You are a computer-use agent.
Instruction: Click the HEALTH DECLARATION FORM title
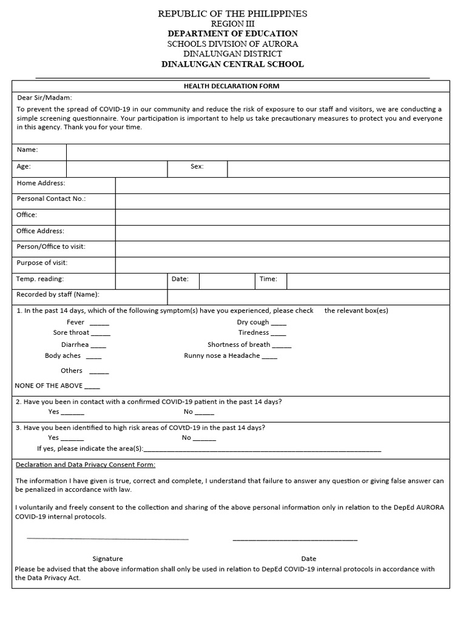(231, 86)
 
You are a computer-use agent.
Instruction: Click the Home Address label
(41, 183)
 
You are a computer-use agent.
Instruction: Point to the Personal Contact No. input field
(282, 201)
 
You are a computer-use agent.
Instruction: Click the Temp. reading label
(40, 279)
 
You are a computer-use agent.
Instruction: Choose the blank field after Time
(368, 280)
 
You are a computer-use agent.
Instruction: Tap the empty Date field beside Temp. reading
(226, 280)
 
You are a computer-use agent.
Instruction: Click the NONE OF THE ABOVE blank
(92, 387)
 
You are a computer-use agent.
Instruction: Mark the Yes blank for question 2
(73, 413)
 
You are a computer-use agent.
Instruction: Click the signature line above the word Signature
(107, 538)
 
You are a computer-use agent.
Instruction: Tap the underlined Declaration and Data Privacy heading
(85, 465)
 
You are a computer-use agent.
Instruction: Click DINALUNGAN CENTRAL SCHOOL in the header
(232, 64)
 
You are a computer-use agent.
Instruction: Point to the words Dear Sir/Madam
(44, 98)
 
